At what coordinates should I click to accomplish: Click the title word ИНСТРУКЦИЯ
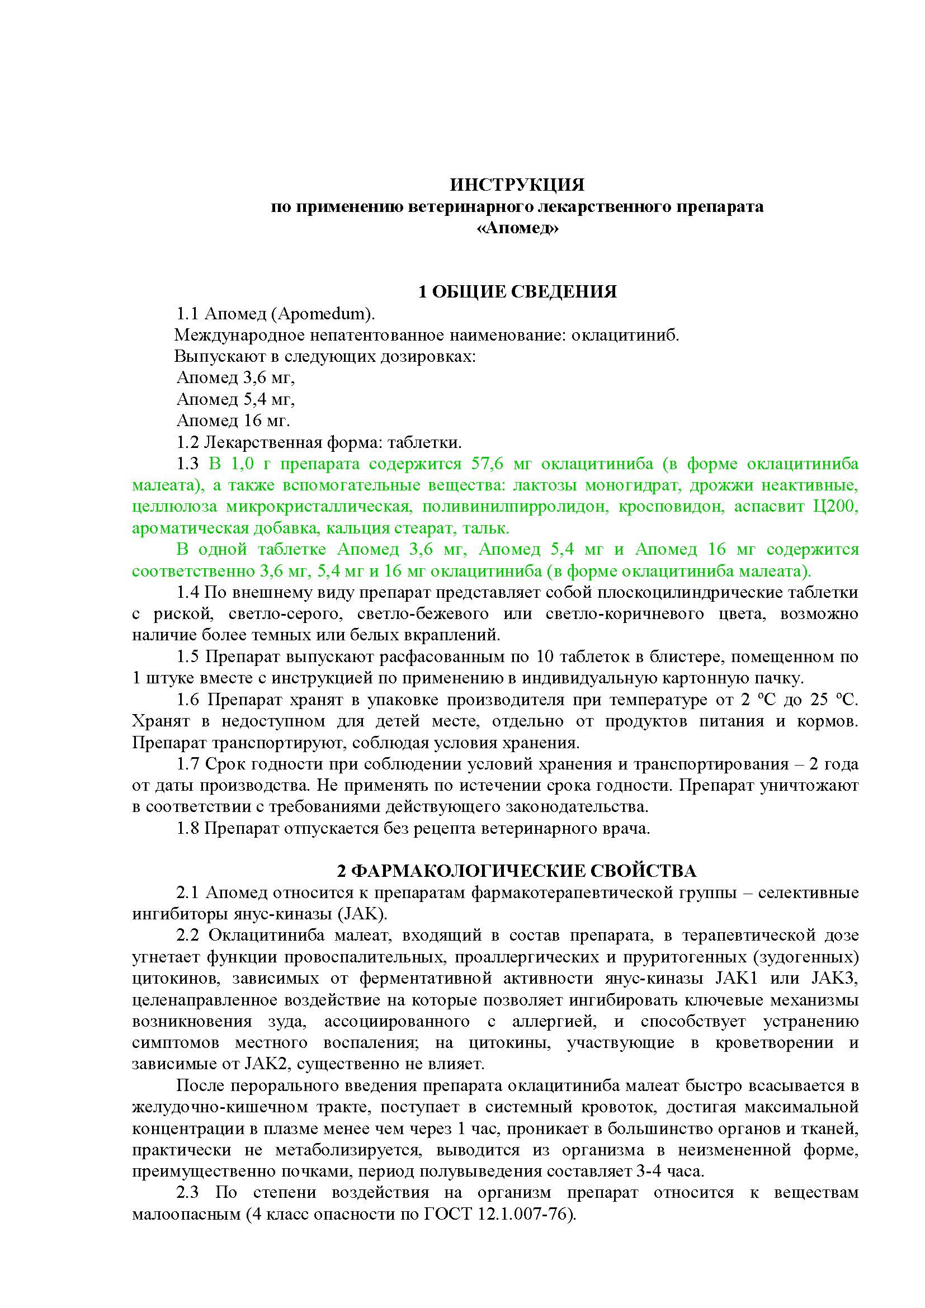pyautogui.click(x=517, y=185)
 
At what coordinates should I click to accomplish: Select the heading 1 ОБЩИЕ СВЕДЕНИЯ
pyautogui.click(x=517, y=292)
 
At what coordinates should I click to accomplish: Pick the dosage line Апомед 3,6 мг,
pyautogui.click(x=236, y=377)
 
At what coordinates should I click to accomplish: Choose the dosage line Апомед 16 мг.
pyautogui.click(x=234, y=421)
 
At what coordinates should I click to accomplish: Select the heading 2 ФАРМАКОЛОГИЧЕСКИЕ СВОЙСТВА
pyautogui.click(x=517, y=872)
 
